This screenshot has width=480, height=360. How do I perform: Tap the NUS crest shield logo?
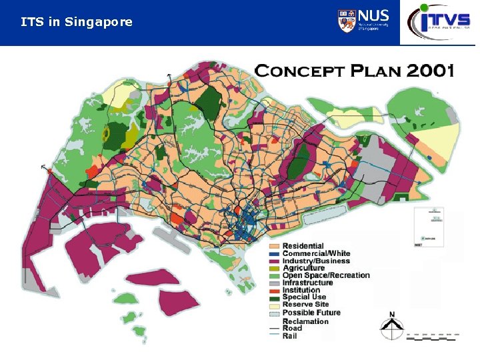347,21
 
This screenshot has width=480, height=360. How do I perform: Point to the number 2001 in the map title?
428,69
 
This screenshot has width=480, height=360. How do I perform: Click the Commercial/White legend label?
316,254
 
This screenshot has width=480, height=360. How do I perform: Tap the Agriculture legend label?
303,268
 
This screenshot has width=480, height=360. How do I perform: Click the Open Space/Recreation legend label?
326,275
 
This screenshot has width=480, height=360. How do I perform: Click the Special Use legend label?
304,297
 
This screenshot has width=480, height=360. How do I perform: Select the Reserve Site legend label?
305,305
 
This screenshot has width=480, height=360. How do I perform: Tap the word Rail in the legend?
290,336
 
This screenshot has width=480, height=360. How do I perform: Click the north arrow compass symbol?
392,325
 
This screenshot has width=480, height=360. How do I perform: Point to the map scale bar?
433,337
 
